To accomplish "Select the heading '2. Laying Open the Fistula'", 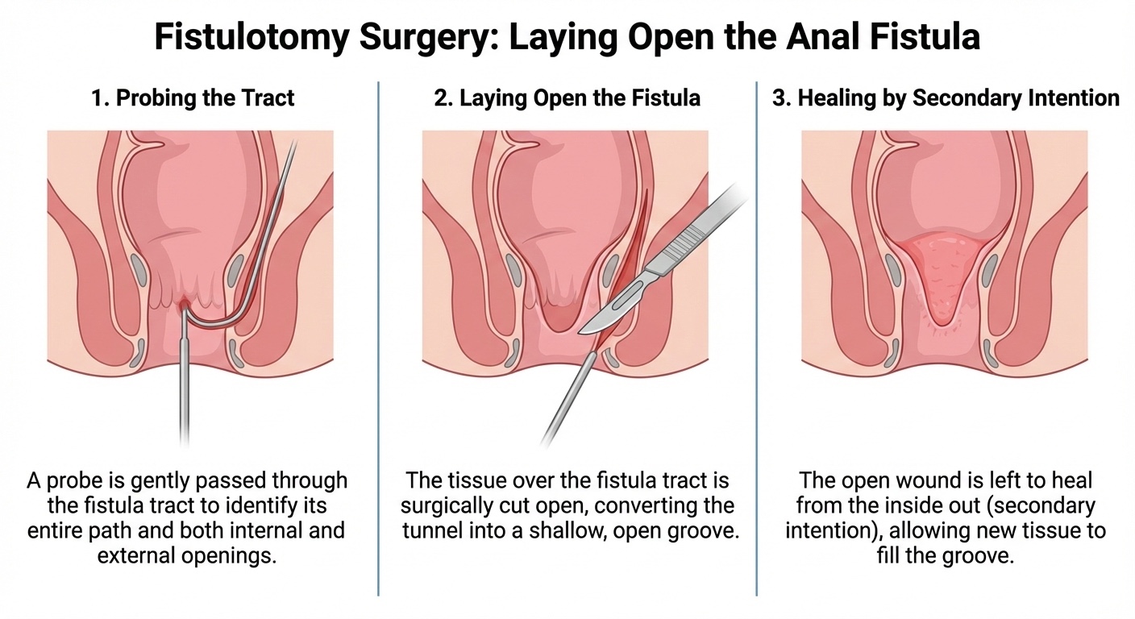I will pyautogui.click(x=567, y=98).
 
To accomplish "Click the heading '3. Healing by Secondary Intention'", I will pyautogui.click(x=946, y=98).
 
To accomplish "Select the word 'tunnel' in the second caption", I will pyautogui.click(x=436, y=532).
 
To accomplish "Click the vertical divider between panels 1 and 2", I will pyautogui.click(x=378, y=339).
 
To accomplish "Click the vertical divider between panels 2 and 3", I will pyautogui.click(x=756, y=339).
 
